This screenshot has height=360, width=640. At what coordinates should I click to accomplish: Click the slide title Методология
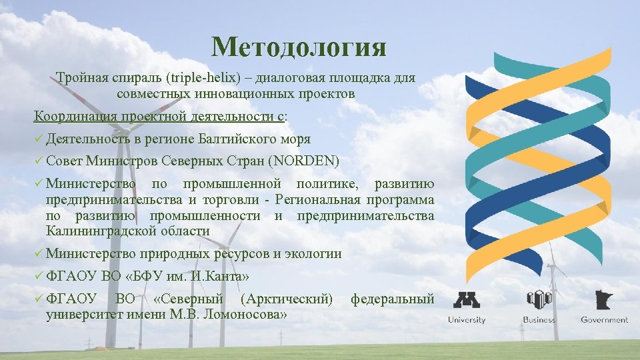click(299, 47)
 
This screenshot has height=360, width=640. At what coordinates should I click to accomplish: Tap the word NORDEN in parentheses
click(305, 161)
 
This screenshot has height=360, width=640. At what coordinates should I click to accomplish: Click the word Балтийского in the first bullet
click(239, 139)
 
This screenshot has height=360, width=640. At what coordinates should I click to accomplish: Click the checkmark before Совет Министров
click(39, 161)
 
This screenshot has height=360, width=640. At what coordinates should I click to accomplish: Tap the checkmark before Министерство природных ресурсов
click(39, 253)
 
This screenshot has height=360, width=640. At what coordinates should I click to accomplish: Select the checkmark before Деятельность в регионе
click(39, 139)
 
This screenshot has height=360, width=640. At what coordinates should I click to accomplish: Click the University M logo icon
click(467, 299)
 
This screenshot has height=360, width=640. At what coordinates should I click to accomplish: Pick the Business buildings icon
click(539, 299)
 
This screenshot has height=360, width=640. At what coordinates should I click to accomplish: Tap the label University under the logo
click(467, 320)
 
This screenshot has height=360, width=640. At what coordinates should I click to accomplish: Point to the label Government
click(604, 320)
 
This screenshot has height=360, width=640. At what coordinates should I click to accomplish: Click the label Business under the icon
click(539, 320)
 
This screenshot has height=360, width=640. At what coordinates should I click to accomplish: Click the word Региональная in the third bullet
click(319, 200)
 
